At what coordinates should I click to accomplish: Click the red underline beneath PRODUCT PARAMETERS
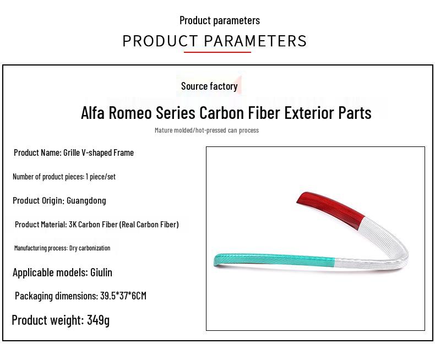[x=217, y=52]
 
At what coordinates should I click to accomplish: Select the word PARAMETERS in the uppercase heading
[x=255, y=41]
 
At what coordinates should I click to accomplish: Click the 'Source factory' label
[x=209, y=86]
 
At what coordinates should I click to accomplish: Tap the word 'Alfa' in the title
[x=93, y=113]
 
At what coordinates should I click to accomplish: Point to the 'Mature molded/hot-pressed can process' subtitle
[x=206, y=130]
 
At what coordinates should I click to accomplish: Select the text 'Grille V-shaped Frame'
[x=99, y=152]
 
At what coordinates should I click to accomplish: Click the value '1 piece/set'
[x=100, y=177]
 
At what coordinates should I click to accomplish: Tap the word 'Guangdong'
[x=86, y=200]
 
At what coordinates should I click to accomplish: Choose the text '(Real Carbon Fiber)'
[x=149, y=225]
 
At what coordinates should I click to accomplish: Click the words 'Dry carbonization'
[x=90, y=248]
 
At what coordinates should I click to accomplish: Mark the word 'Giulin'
[x=101, y=272]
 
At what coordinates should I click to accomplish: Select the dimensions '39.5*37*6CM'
[x=123, y=296]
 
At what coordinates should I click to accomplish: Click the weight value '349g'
[x=98, y=320]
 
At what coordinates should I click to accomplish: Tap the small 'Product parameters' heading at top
[x=219, y=20]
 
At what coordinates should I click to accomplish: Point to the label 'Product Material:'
[x=41, y=225]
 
